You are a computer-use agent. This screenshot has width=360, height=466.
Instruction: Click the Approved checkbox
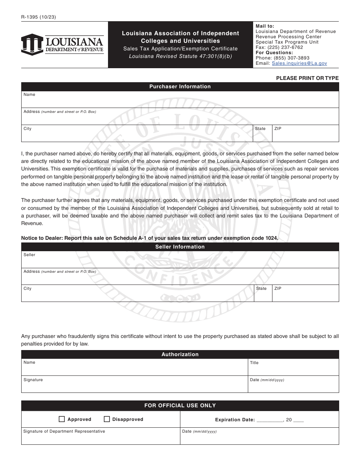coord(62,419)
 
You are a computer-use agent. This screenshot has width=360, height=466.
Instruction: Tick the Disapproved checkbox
coord(107,419)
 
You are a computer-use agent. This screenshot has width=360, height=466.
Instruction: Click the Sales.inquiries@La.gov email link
coord(299,63)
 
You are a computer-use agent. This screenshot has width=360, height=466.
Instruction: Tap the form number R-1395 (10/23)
coord(38,17)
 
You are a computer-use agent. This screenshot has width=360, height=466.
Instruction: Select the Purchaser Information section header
coord(180,86)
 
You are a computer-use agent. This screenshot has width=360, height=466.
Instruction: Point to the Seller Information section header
coord(180,247)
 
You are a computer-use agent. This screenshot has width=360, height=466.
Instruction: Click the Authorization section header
coord(180,354)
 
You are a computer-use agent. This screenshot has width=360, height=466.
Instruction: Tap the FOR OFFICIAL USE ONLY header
coord(180,405)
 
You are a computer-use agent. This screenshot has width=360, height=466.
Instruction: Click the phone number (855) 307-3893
coord(291,58)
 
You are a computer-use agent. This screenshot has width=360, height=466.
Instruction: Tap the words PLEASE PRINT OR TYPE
coord(307,78)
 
